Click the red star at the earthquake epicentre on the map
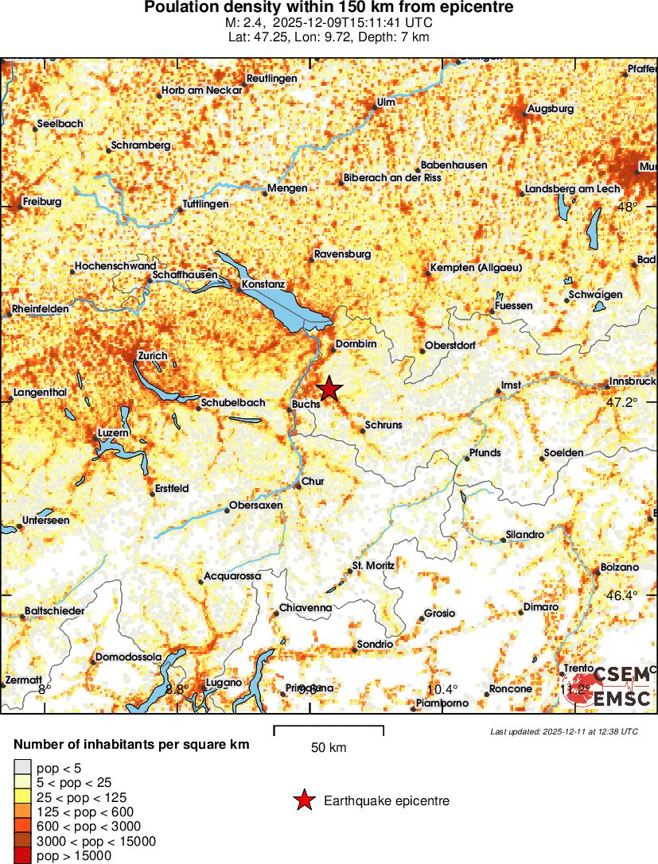pos(329,389)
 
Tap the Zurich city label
pos(152,355)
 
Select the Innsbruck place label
pos(633,381)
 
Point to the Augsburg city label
pos(551,107)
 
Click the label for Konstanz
pos(263,284)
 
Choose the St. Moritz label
pos(373,565)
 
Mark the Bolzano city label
pos(620,568)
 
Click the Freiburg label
pos(42,202)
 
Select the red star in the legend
pos(304,800)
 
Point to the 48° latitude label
pos(628,207)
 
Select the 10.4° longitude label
pos(443,689)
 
